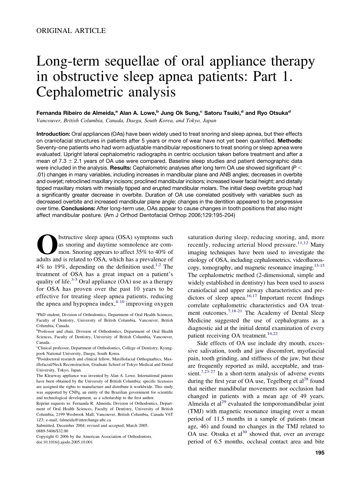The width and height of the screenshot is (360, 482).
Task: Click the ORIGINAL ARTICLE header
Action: click(71, 31)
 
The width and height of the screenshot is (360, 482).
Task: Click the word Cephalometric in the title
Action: click(82, 91)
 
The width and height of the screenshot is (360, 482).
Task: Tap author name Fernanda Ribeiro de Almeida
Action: click(75, 113)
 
